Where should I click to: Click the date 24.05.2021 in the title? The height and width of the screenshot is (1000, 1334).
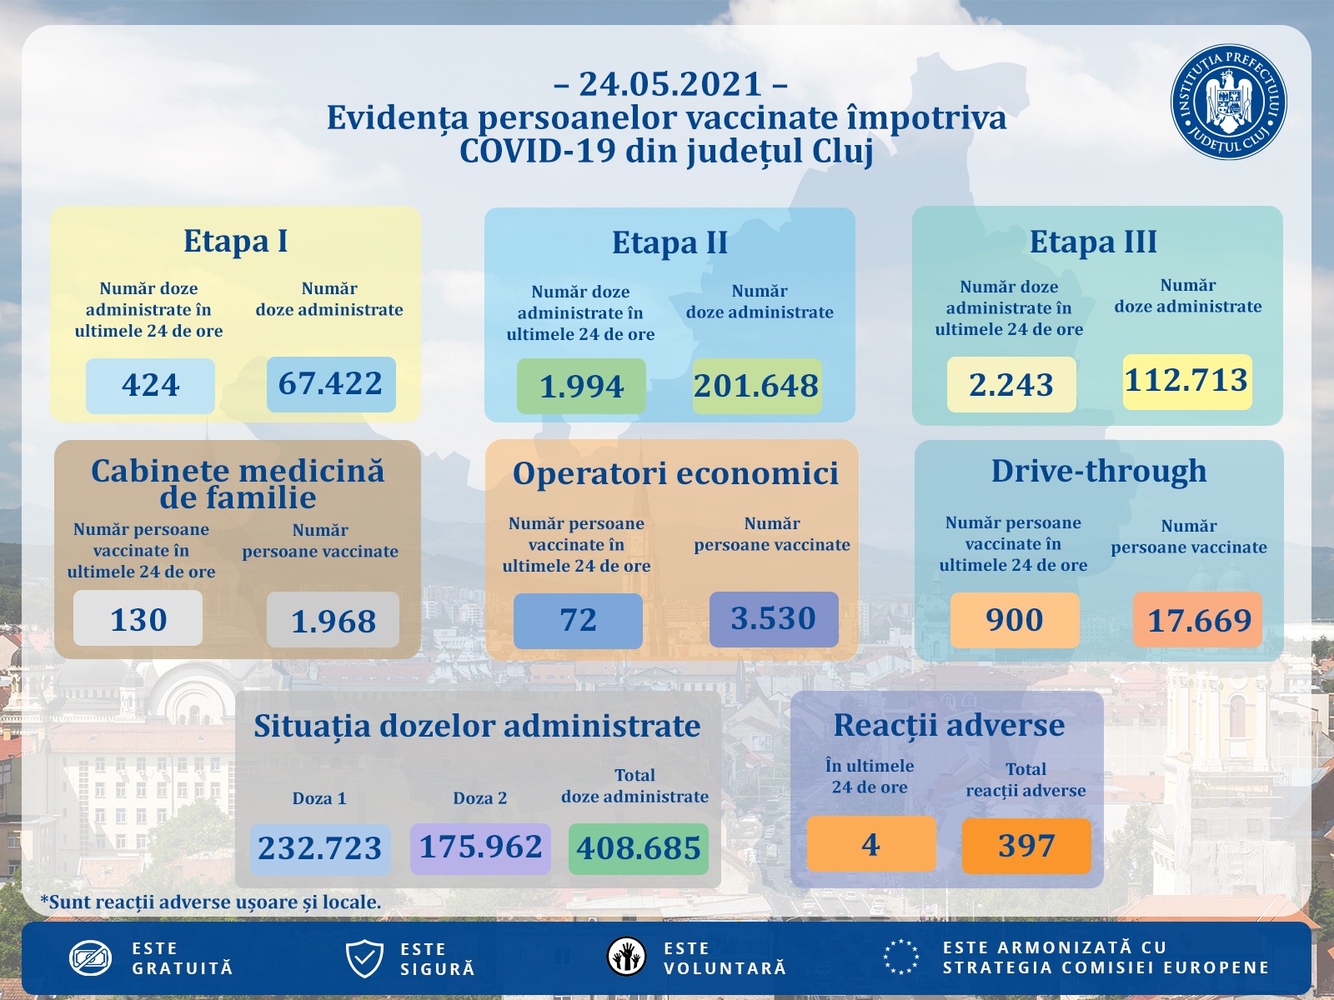tap(670, 84)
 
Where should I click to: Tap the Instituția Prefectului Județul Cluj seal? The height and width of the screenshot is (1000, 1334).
tap(1228, 102)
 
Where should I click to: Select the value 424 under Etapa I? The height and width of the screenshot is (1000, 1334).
tap(150, 385)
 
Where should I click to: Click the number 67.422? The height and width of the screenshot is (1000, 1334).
tap(331, 384)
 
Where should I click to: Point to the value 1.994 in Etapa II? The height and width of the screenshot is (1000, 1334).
tap(581, 386)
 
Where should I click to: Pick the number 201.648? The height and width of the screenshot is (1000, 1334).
tap(756, 386)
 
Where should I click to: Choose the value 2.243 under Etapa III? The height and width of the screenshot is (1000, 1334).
tap(1011, 384)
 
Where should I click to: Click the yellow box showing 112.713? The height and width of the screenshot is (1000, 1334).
tap(1186, 381)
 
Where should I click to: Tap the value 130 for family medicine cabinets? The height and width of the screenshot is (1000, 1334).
tap(138, 619)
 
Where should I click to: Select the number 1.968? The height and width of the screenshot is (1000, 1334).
tap(333, 621)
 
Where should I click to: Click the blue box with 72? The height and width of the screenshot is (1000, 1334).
tap(578, 620)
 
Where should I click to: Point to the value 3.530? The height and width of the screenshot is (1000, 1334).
tap(773, 618)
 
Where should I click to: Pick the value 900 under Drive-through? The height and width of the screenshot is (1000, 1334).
tap(1015, 620)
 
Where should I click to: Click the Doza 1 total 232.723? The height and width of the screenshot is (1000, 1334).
tap(320, 848)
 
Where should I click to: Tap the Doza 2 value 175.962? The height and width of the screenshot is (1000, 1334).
tap(480, 847)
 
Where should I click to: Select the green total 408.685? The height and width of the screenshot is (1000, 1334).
tap(639, 848)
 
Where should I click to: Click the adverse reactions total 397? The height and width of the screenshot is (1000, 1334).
tap(1026, 846)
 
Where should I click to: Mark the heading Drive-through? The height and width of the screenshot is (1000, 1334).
tap(1099, 471)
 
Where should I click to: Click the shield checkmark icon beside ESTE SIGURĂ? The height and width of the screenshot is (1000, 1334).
tap(364, 958)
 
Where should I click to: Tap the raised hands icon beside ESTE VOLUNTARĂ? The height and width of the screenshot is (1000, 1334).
tap(627, 957)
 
